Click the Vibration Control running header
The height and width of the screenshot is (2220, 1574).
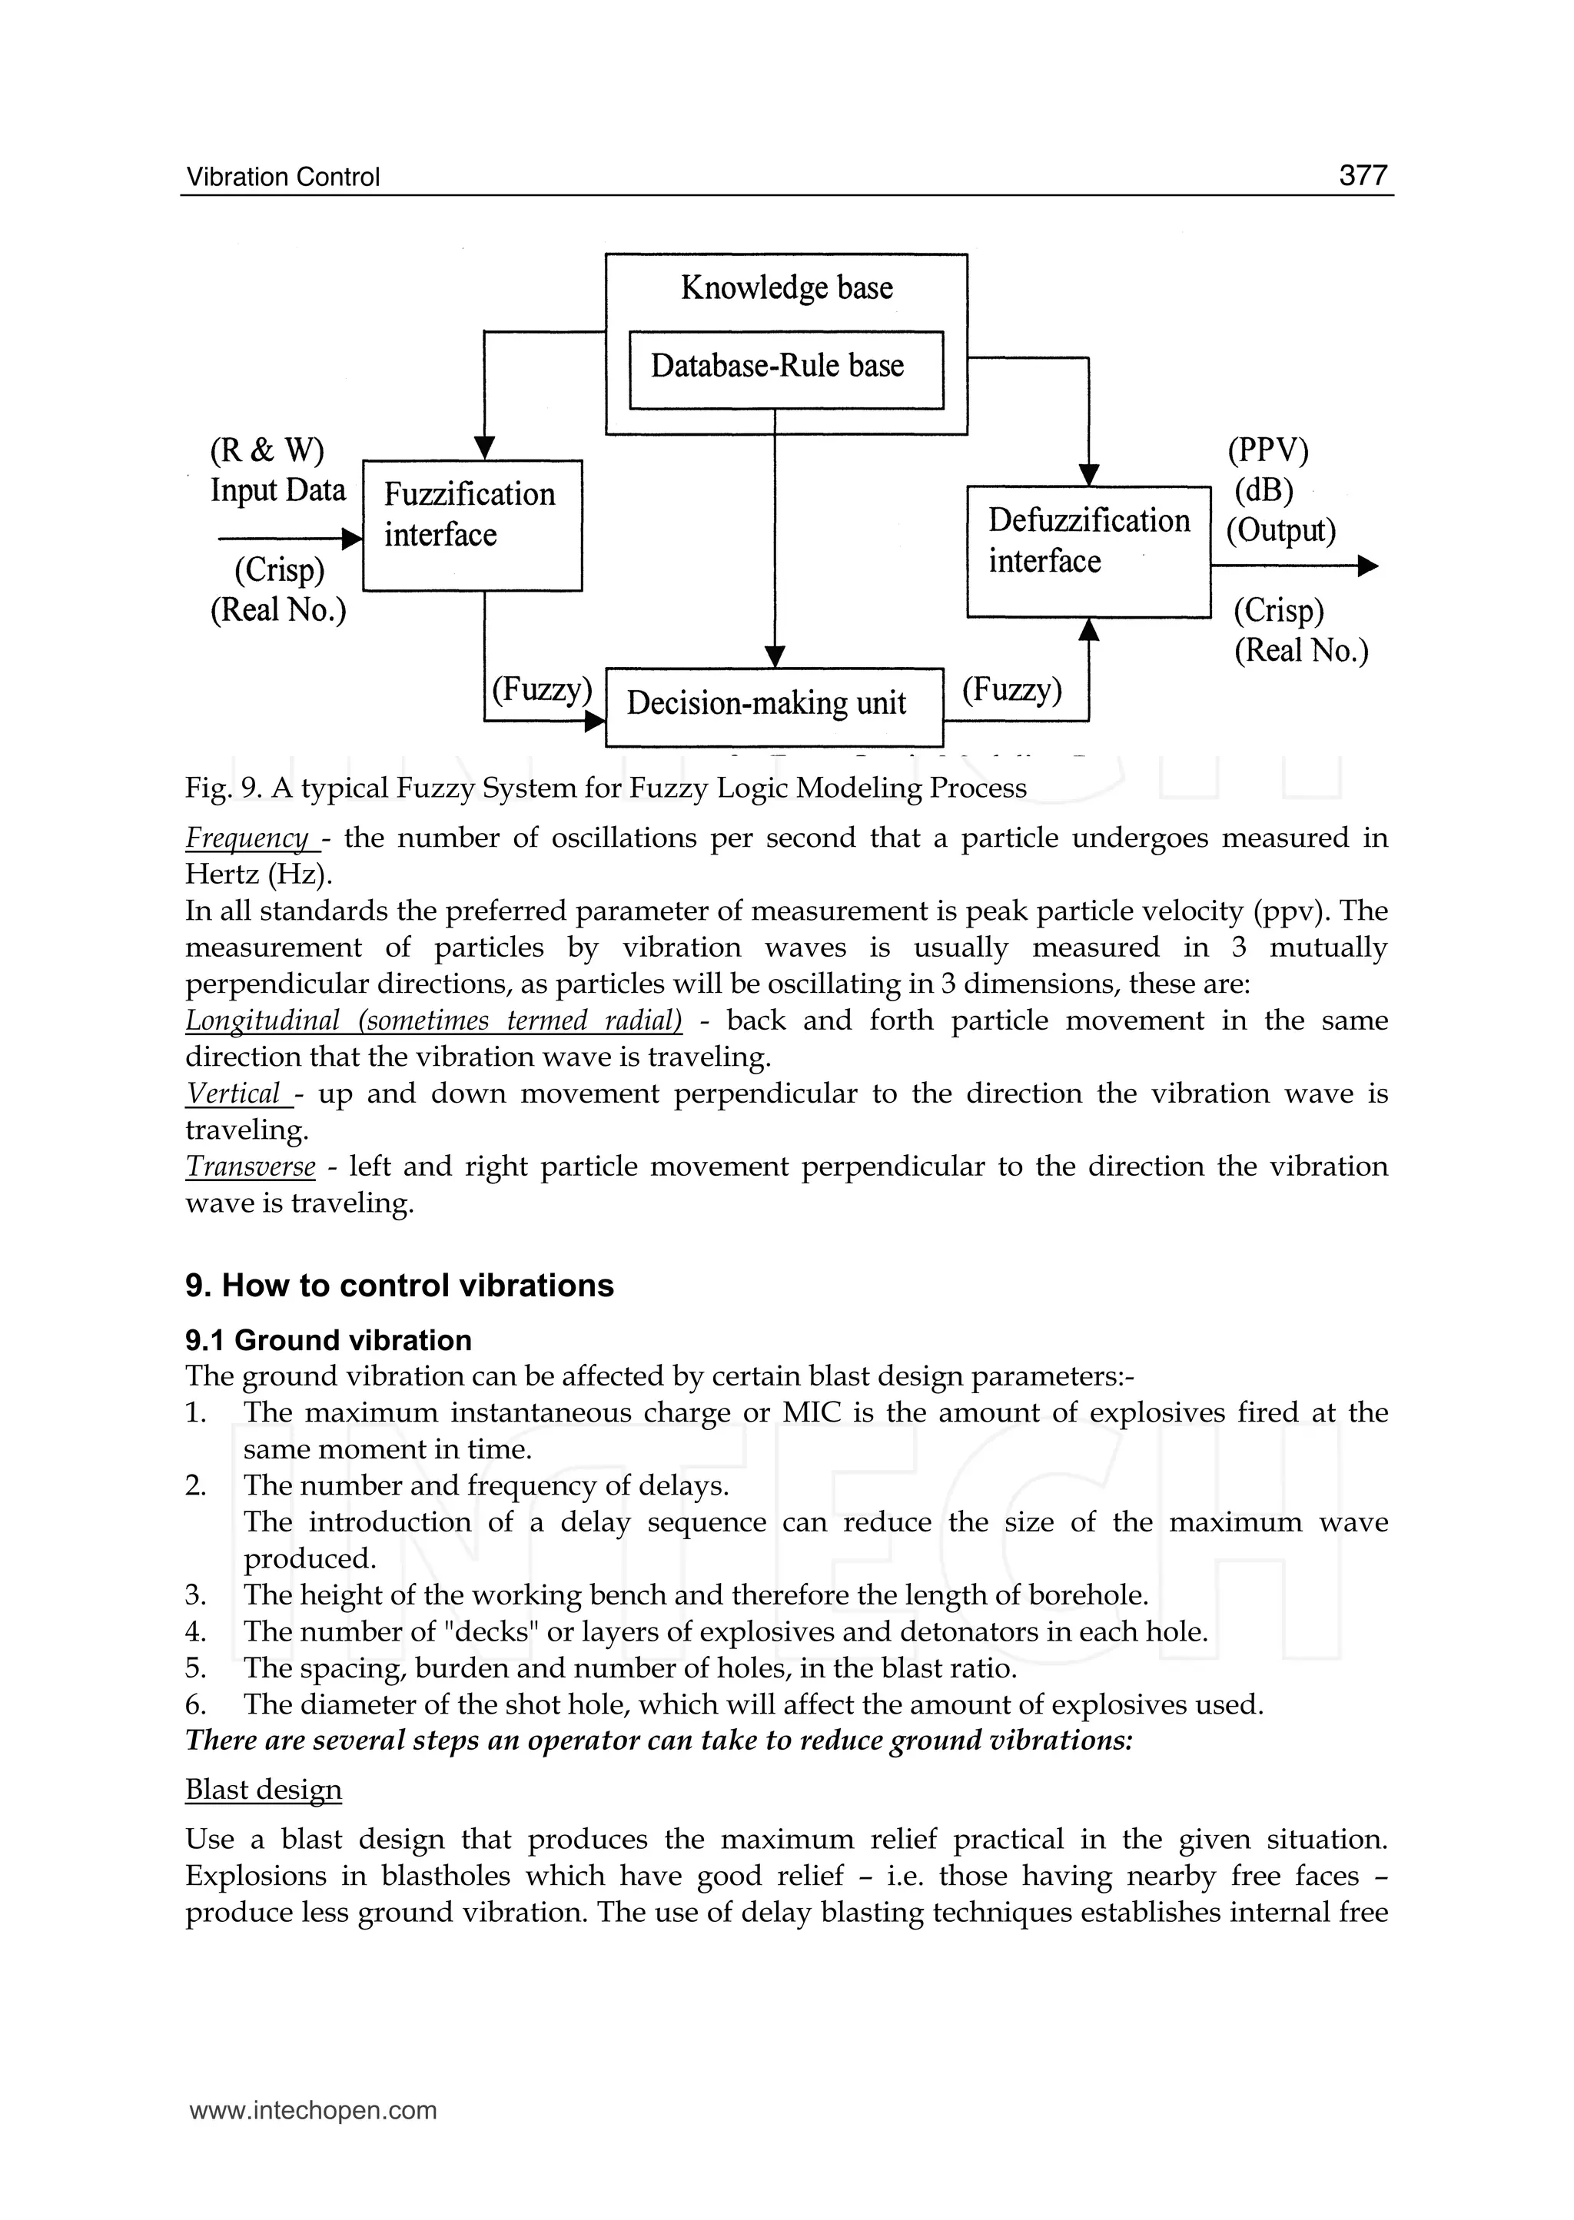(283, 178)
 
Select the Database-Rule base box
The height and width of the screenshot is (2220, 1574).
(786, 369)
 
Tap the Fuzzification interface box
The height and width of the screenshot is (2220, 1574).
(472, 525)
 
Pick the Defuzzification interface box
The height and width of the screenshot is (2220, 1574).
(1088, 552)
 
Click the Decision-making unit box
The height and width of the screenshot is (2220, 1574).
(773, 705)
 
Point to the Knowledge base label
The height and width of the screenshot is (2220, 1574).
(786, 288)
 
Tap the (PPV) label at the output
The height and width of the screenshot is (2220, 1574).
(1267, 450)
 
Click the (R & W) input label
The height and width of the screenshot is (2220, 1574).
(267, 450)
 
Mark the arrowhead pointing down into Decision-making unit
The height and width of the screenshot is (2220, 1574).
(775, 657)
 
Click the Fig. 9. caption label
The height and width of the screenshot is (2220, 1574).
(224, 788)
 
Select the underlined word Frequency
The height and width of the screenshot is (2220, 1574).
(247, 838)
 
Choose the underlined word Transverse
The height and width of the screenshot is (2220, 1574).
(250, 1166)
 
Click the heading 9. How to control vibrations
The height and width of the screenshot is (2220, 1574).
(400, 1285)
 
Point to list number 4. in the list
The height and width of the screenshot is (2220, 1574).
(196, 1632)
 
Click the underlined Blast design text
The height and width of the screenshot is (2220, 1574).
(264, 1790)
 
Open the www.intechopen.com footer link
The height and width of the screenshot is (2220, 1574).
(313, 2111)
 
